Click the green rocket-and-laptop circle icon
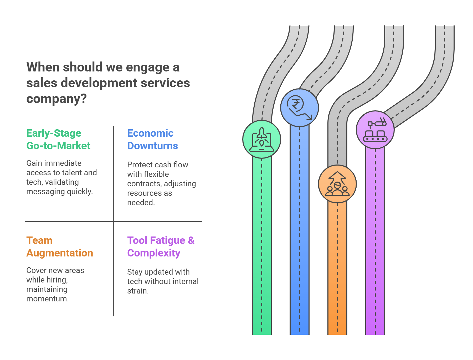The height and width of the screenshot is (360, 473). [261, 139]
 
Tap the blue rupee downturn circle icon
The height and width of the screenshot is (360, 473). [300, 108]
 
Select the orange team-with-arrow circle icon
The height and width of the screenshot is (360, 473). [337, 184]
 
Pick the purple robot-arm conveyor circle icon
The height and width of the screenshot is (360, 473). [375, 130]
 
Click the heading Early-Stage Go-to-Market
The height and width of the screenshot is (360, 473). [58, 140]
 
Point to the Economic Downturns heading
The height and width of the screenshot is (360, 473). [152, 140]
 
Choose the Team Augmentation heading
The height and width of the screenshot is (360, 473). [60, 247]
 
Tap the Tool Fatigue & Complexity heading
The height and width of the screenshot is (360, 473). [161, 247]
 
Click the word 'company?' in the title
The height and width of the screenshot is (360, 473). [56, 99]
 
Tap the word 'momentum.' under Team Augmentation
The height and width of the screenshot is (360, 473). [48, 299]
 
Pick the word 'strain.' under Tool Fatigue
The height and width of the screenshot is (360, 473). [138, 291]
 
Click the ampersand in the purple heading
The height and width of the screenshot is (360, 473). [191, 240]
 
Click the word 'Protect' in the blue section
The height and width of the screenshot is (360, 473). [140, 165]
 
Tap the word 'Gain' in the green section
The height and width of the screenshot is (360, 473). [34, 163]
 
